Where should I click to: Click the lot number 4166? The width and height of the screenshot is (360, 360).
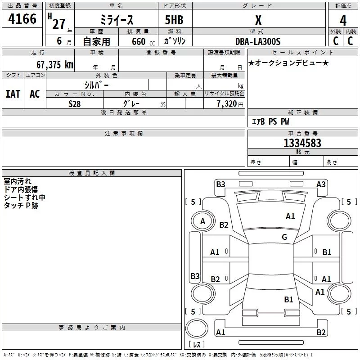[x=22, y=20]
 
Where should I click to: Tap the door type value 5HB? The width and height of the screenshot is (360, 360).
[x=174, y=21]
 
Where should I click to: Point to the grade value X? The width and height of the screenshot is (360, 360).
[x=258, y=20]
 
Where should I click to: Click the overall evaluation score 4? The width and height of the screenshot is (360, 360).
[x=343, y=21]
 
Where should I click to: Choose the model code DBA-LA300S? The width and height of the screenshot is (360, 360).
[x=258, y=41]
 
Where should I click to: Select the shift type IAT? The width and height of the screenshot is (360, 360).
[x=13, y=94]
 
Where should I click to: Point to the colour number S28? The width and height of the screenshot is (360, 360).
[x=75, y=104]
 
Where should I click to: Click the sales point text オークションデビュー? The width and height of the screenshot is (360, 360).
[x=288, y=63]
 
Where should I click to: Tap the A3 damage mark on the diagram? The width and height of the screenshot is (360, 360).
[x=321, y=184]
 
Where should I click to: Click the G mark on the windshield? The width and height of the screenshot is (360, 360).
[x=284, y=237]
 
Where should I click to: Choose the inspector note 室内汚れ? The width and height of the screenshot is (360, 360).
[x=18, y=182]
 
